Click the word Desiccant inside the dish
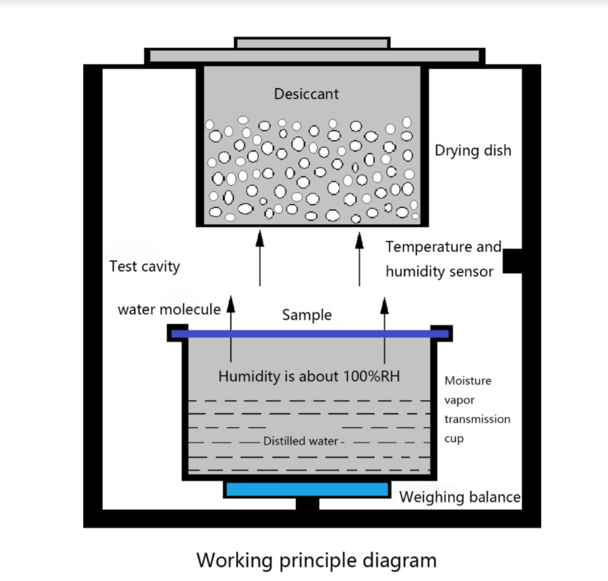(x=306, y=94)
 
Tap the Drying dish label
(x=473, y=150)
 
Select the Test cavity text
(x=144, y=266)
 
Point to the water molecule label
(x=169, y=309)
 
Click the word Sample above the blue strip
(x=307, y=315)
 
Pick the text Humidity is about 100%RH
(x=309, y=376)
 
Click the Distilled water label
(x=300, y=441)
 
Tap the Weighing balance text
(x=459, y=497)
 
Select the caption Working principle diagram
(x=316, y=559)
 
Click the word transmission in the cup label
(x=477, y=419)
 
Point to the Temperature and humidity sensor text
(x=443, y=259)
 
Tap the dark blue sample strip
(x=309, y=334)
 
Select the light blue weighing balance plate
(x=306, y=489)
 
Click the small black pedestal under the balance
(x=307, y=504)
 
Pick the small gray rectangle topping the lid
(x=312, y=43)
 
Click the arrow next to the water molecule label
(x=231, y=327)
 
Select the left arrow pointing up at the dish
(x=260, y=258)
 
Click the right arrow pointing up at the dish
(x=359, y=258)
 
